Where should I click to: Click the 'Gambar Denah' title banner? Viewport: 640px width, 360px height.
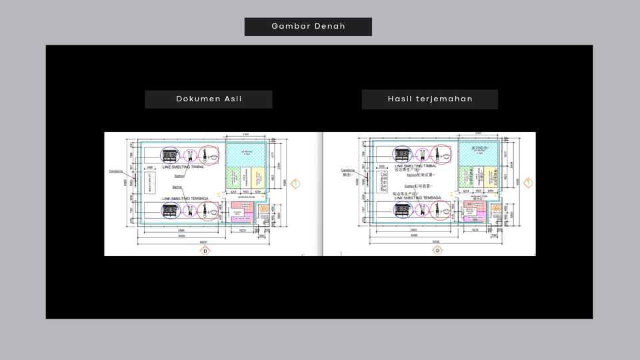(x=308, y=27)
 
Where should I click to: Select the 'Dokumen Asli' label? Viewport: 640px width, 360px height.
(x=209, y=99)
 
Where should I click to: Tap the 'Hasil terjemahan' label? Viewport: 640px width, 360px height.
(x=430, y=99)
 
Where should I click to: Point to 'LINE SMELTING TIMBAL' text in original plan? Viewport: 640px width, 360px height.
(x=183, y=167)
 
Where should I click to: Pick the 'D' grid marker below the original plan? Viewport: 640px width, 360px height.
(x=205, y=251)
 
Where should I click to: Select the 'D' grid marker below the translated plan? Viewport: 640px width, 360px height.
(x=437, y=251)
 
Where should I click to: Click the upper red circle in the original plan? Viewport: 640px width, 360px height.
(x=211, y=155)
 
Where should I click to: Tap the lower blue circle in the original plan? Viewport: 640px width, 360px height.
(x=169, y=211)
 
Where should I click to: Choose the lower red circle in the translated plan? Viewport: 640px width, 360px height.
(x=443, y=211)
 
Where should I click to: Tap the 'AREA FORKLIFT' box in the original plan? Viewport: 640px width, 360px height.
(x=150, y=183)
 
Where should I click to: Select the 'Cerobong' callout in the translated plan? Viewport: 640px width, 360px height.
(x=348, y=171)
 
